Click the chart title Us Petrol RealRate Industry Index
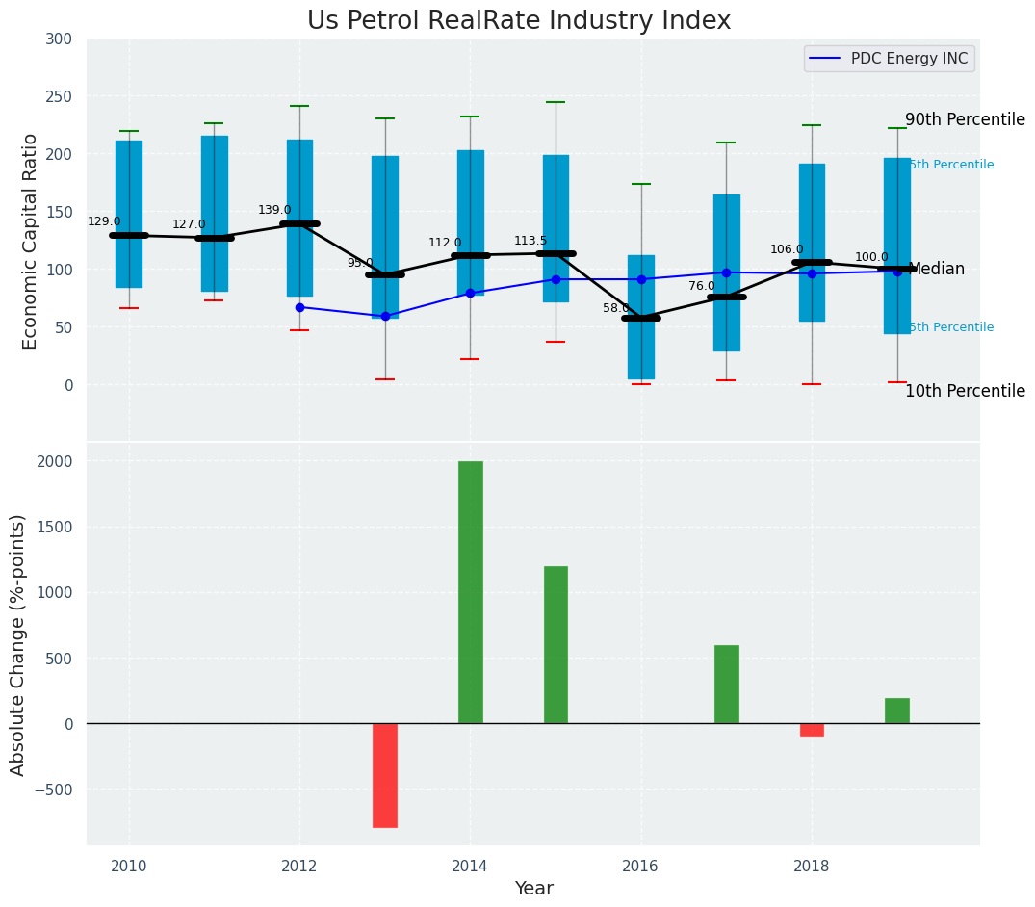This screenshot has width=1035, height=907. [x=518, y=21]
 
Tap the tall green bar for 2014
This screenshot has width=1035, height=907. [x=471, y=592]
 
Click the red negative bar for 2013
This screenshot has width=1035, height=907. [x=385, y=775]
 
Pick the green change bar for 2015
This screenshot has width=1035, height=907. [x=556, y=644]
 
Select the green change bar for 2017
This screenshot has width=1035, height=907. [x=727, y=684]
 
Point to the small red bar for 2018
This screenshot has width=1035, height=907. [x=812, y=730]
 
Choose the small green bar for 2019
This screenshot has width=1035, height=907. [x=897, y=711]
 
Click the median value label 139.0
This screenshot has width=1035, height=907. [x=274, y=210]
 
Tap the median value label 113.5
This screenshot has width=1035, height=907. [x=530, y=241]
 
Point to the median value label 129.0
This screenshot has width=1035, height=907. [x=104, y=221]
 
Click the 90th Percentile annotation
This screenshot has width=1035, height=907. [x=965, y=119]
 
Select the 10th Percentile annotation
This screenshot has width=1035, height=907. [x=965, y=391]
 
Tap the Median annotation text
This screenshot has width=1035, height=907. [x=936, y=269]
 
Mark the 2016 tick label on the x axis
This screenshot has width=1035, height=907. [x=640, y=866]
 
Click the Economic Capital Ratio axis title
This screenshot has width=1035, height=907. [x=31, y=241]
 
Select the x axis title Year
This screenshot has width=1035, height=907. [x=533, y=889]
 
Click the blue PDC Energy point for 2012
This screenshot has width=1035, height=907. [x=299, y=307]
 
